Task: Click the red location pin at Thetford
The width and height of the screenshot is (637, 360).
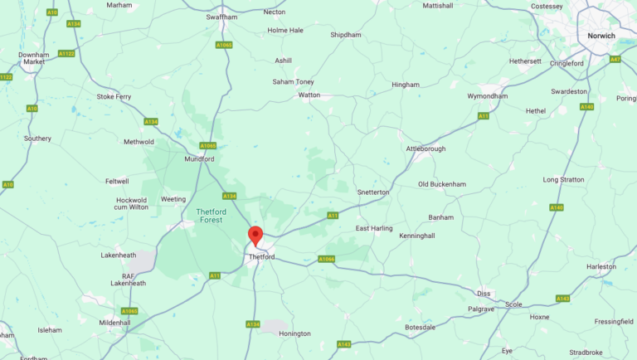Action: click(255, 235)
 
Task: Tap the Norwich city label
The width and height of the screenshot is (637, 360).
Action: click(601, 36)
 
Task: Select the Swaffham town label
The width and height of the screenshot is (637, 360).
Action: click(221, 16)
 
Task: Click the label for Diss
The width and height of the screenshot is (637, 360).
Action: click(484, 293)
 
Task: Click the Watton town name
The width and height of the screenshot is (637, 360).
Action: click(309, 95)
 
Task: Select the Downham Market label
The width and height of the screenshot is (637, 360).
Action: click(34, 58)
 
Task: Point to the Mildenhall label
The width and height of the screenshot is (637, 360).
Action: click(114, 322)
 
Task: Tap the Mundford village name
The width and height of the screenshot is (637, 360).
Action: click(199, 158)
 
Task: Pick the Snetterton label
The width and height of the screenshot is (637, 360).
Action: click(372, 192)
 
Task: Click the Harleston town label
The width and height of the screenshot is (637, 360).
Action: click(601, 266)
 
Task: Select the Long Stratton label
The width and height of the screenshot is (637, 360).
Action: click(563, 179)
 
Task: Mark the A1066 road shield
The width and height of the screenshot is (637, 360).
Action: click(327, 259)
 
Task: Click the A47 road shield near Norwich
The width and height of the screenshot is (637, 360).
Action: click(615, 59)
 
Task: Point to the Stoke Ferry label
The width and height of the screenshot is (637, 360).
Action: click(114, 96)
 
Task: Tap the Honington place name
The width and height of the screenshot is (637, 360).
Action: click(294, 333)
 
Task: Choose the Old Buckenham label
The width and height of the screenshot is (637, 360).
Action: click(440, 183)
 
